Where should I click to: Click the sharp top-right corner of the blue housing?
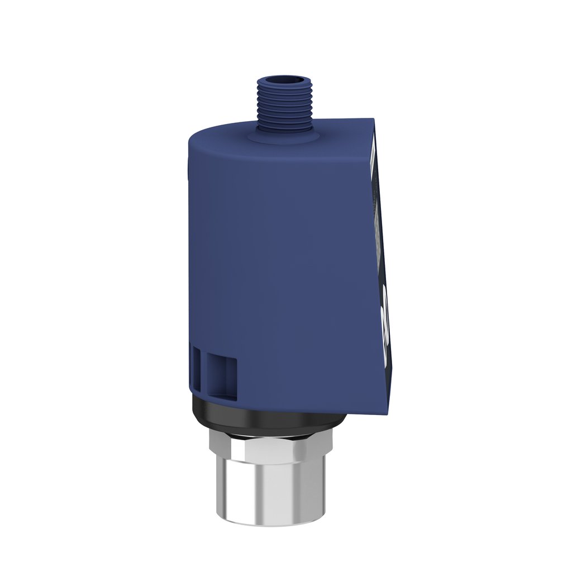click(373, 119)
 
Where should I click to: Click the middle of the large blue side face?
click(285, 268)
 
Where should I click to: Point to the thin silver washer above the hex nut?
click(271, 431)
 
